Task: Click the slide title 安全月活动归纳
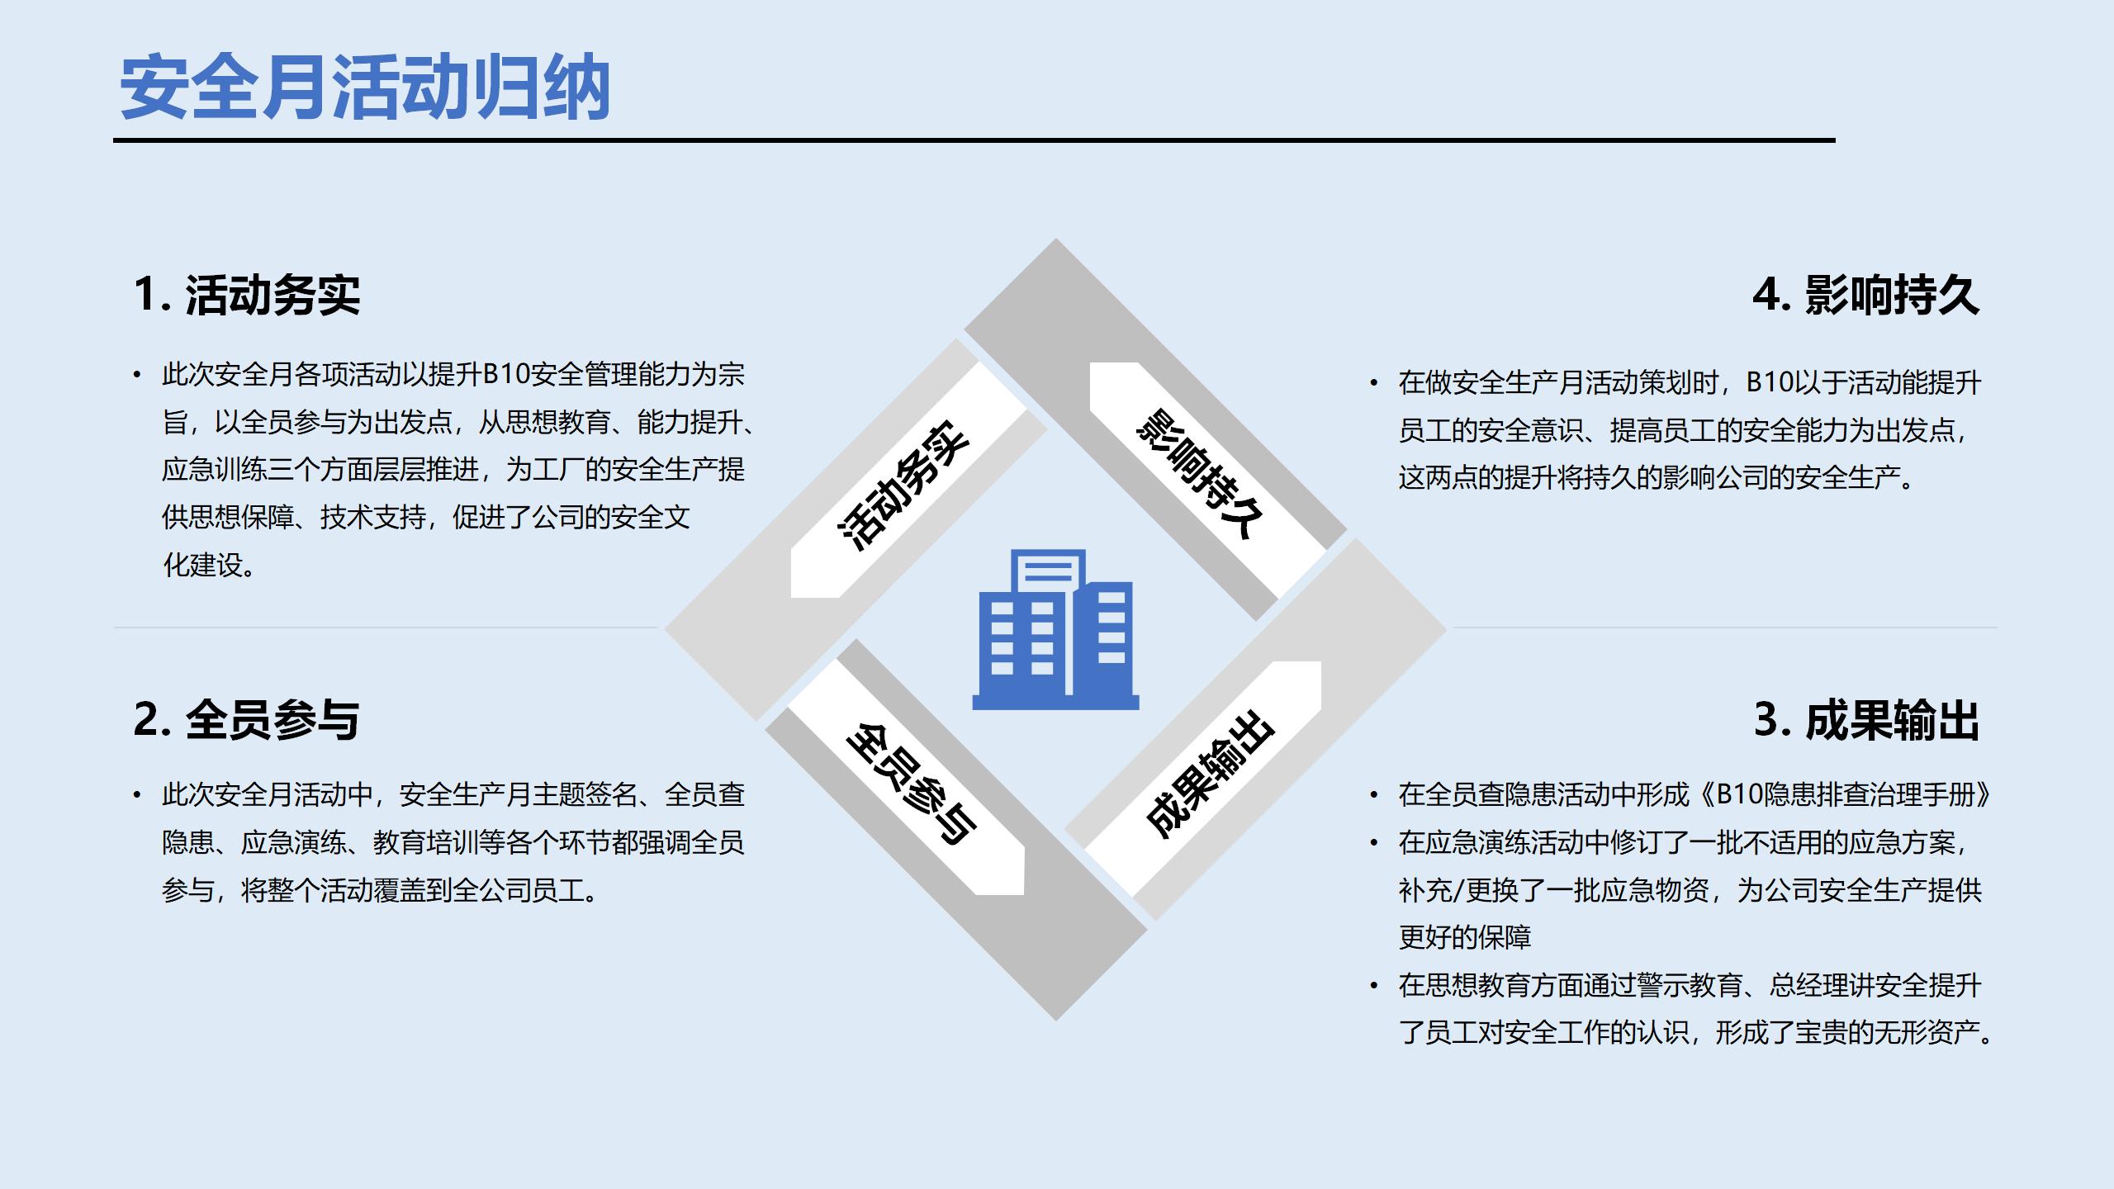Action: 365,89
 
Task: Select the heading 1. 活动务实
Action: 247,295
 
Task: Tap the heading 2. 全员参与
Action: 247,719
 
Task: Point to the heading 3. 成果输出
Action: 1866,719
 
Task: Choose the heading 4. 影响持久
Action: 1866,295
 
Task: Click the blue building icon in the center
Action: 1055,629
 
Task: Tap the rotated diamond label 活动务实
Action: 903,487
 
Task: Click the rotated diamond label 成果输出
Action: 1211,773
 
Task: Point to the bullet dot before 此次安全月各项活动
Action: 137,376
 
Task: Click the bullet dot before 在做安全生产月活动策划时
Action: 1374,383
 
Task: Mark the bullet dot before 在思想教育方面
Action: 1374,986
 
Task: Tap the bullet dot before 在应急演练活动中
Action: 1374,843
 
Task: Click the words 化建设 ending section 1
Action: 203,566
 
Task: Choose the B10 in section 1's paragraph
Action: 505,375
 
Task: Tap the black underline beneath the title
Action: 974,140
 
